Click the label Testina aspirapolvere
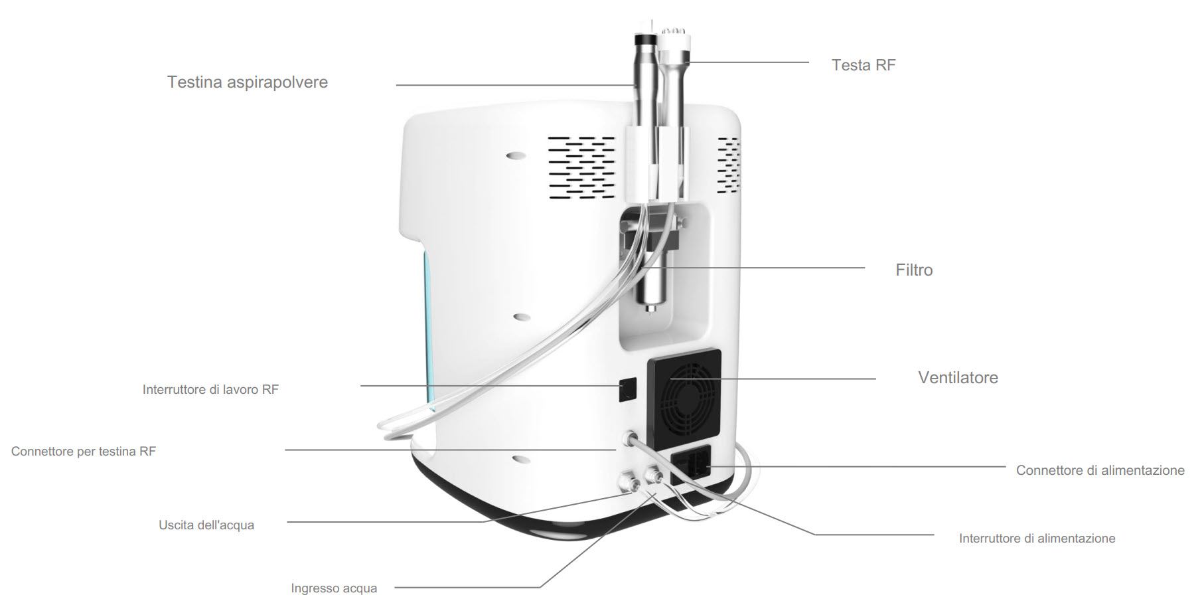pos(248,82)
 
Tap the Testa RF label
pos(864,65)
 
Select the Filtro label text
pos(914,270)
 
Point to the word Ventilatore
pos(958,378)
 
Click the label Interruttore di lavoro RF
pos(210,390)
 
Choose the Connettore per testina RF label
pos(84,452)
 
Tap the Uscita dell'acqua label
pos(206,525)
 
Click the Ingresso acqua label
pos(334,588)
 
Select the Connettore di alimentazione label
pos(1100,470)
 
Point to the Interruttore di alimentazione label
pos(1037,539)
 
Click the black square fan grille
pos(684,398)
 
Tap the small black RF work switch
pos(627,390)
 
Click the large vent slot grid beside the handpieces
pos(581,168)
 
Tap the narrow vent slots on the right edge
pos(729,165)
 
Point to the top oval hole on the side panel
pos(516,156)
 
